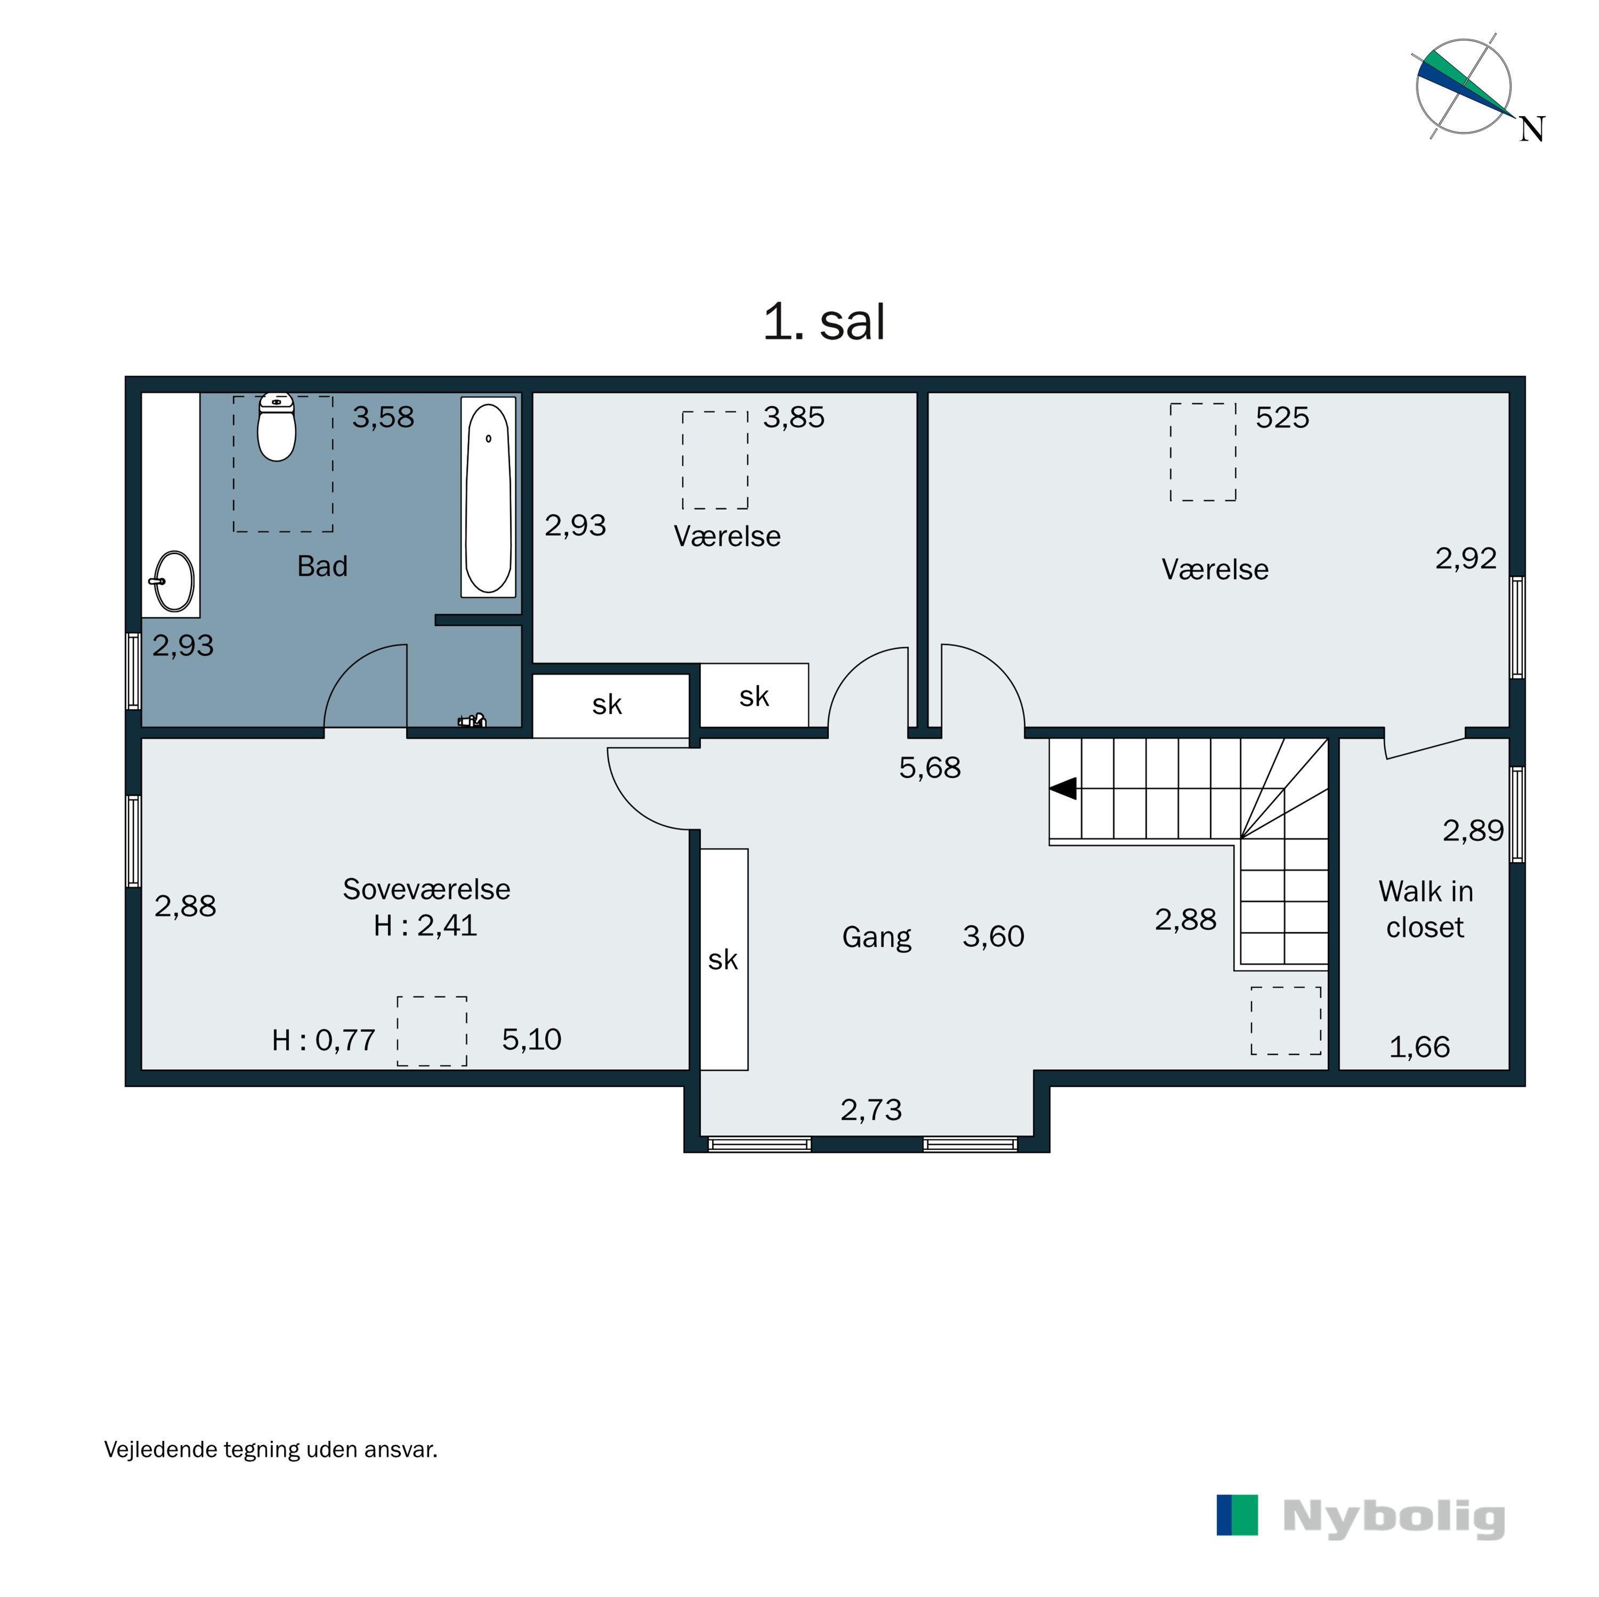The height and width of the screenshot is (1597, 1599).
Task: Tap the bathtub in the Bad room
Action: [488, 497]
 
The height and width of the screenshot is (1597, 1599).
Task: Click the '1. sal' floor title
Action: [823, 321]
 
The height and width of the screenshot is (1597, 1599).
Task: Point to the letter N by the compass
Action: [1531, 129]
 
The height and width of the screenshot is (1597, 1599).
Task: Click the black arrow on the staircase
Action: [1063, 788]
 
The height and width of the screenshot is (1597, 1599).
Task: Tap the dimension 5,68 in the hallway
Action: [930, 768]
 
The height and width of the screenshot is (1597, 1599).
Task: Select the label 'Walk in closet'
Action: [1425, 909]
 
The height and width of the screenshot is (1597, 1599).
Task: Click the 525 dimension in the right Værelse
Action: [1281, 417]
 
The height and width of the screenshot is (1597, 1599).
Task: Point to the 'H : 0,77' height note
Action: [324, 1040]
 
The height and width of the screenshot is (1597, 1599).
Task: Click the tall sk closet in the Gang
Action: [723, 959]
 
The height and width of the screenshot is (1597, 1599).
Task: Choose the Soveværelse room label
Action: [426, 889]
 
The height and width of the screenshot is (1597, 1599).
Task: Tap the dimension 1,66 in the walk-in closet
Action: [1418, 1047]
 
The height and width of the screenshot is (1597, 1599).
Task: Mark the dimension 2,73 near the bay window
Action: [871, 1109]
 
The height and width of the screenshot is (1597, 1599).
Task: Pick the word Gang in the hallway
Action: [876, 937]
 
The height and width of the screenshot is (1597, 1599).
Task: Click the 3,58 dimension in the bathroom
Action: [382, 417]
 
